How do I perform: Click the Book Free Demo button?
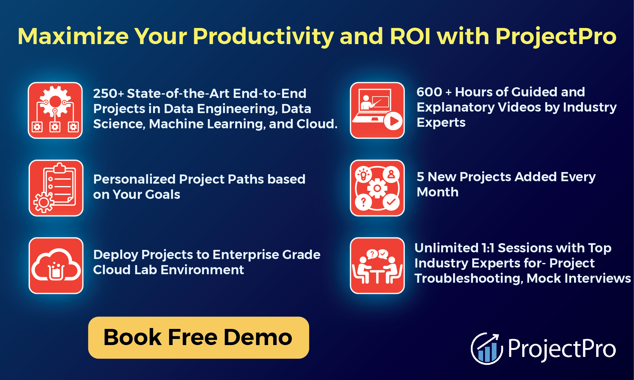coord(198,337)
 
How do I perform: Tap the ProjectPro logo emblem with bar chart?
coord(486,349)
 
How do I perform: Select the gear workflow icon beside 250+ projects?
coord(55,110)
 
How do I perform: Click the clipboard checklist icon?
coord(56,188)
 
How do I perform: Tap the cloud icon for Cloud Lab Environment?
coord(56,265)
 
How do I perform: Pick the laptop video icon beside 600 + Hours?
coord(377,110)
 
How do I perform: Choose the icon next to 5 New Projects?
coord(377,188)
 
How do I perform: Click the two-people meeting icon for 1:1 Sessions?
coord(377,265)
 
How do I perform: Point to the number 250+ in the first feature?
coord(108,94)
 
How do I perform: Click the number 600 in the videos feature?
coord(429,92)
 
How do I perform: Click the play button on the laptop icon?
coord(393,121)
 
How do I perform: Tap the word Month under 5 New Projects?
coord(437,192)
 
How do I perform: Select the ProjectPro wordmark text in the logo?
coord(562,349)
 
